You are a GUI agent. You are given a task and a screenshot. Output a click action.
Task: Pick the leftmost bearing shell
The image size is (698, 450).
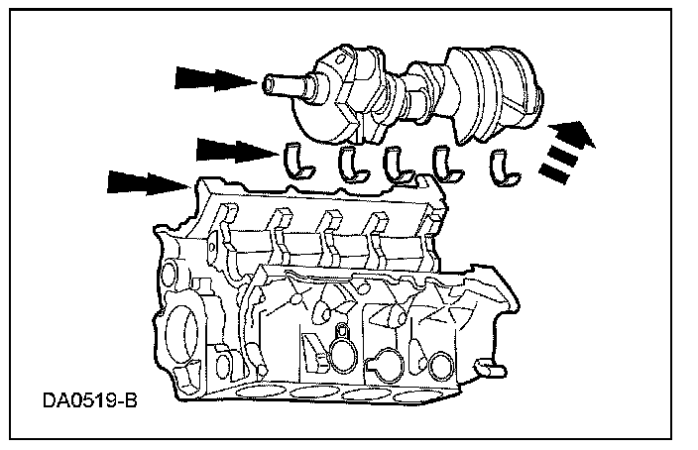coord(295,162)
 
